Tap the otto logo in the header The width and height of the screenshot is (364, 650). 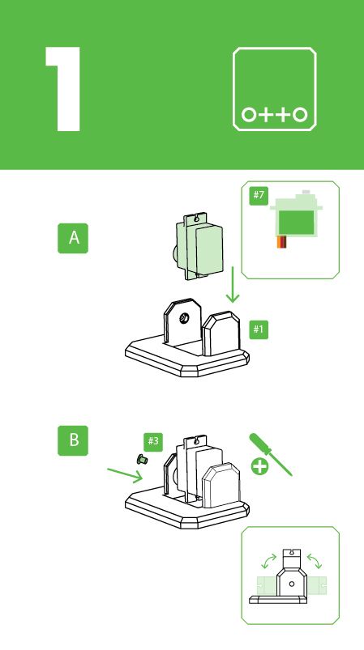pos(275,89)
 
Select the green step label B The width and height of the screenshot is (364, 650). pos(74,440)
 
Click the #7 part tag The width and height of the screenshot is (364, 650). pos(259,195)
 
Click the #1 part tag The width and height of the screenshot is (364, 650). pos(259,329)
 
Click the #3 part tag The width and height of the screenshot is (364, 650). pos(152,440)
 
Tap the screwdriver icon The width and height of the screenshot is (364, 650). pos(269,454)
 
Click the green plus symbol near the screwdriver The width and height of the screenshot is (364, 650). pos(260,466)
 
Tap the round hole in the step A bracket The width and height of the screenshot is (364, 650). pos(184,319)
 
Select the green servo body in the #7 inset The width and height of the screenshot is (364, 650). pos(294,219)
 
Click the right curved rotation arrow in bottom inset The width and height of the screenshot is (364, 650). pos(317,562)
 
